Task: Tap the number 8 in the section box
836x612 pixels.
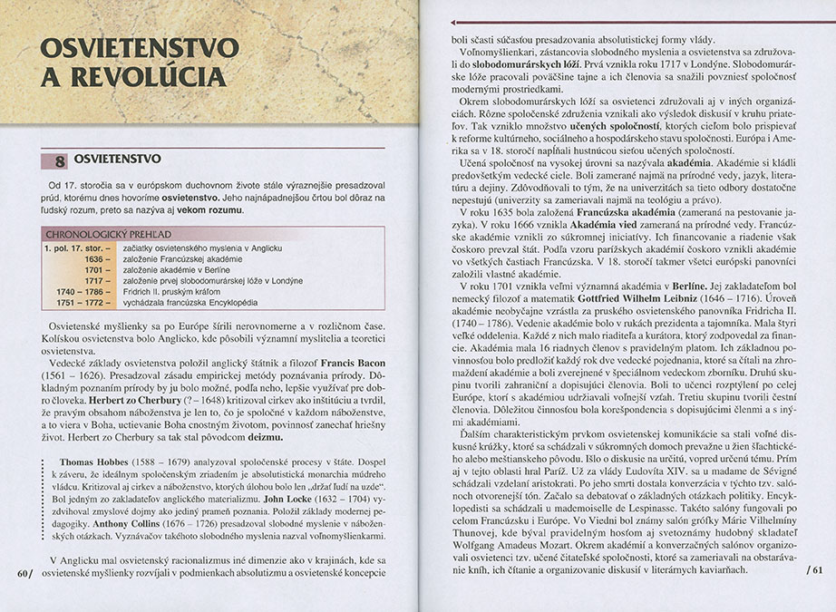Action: tap(60, 162)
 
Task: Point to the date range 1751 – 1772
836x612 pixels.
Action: tap(80, 303)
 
